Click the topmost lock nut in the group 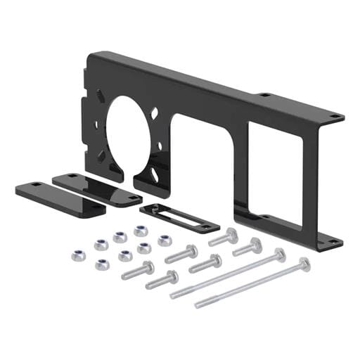point(139,230)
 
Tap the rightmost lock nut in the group point(164,240)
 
